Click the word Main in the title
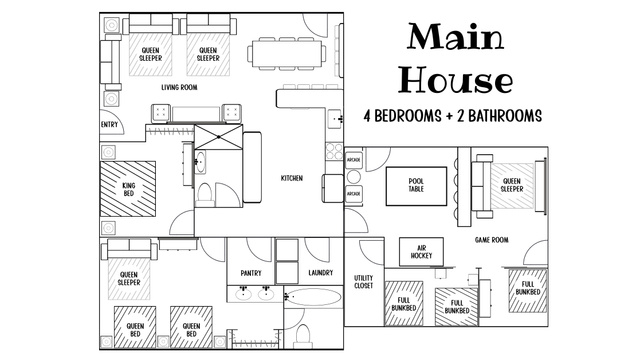pos(456,36)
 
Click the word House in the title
pos(455,80)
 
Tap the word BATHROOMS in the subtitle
pos(505,116)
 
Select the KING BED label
pos(129,189)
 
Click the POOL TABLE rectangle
pos(416,186)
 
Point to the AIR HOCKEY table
pos(421,252)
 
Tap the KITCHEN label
pos(292,178)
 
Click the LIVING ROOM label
pos(179,87)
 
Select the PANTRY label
pos(251,273)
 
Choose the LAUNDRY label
pos(321,273)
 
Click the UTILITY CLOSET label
pos(364,282)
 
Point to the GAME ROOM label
pos(492,240)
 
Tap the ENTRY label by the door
pos(109,125)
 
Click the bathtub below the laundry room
pos(313,297)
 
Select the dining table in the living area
pos(287,53)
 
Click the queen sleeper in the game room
pos(512,186)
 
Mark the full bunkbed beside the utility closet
pos(403,303)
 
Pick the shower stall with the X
pos(218,137)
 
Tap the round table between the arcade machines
pos(353,177)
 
